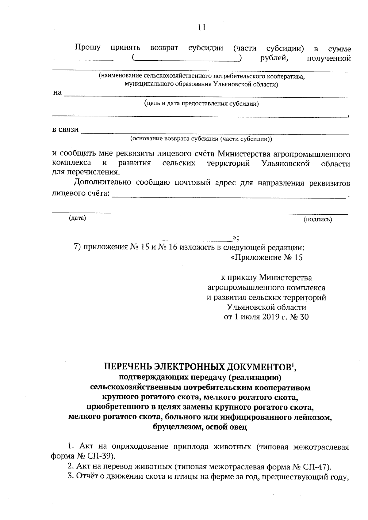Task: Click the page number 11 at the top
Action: click(201, 28)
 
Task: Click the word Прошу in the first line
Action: click(88, 48)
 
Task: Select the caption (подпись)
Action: click(318, 219)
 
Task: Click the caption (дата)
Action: click(77, 218)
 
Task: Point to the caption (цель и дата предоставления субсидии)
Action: click(201, 104)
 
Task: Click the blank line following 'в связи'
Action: click(215, 134)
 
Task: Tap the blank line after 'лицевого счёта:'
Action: click(228, 198)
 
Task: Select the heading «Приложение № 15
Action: click(266, 258)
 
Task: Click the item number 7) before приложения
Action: click(78, 247)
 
